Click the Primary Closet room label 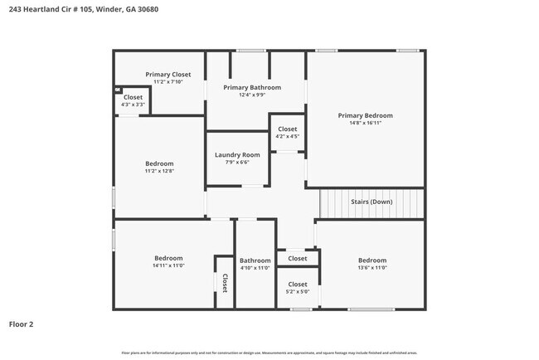(168, 75)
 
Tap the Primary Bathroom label (252, 87)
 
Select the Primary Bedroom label (365, 115)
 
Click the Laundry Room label (237, 155)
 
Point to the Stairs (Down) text (371, 202)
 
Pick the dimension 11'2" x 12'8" (158, 171)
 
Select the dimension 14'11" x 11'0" (168, 265)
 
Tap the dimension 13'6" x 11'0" (371, 268)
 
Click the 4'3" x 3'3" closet (133, 101)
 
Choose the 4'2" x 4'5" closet (287, 133)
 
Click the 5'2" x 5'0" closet (298, 288)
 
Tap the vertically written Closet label (224, 282)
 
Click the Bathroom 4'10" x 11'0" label (255, 264)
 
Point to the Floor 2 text (21, 324)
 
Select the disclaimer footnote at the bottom (269, 353)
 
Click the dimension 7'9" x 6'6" (237, 163)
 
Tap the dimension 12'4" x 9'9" (252, 95)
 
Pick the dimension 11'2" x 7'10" (168, 82)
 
